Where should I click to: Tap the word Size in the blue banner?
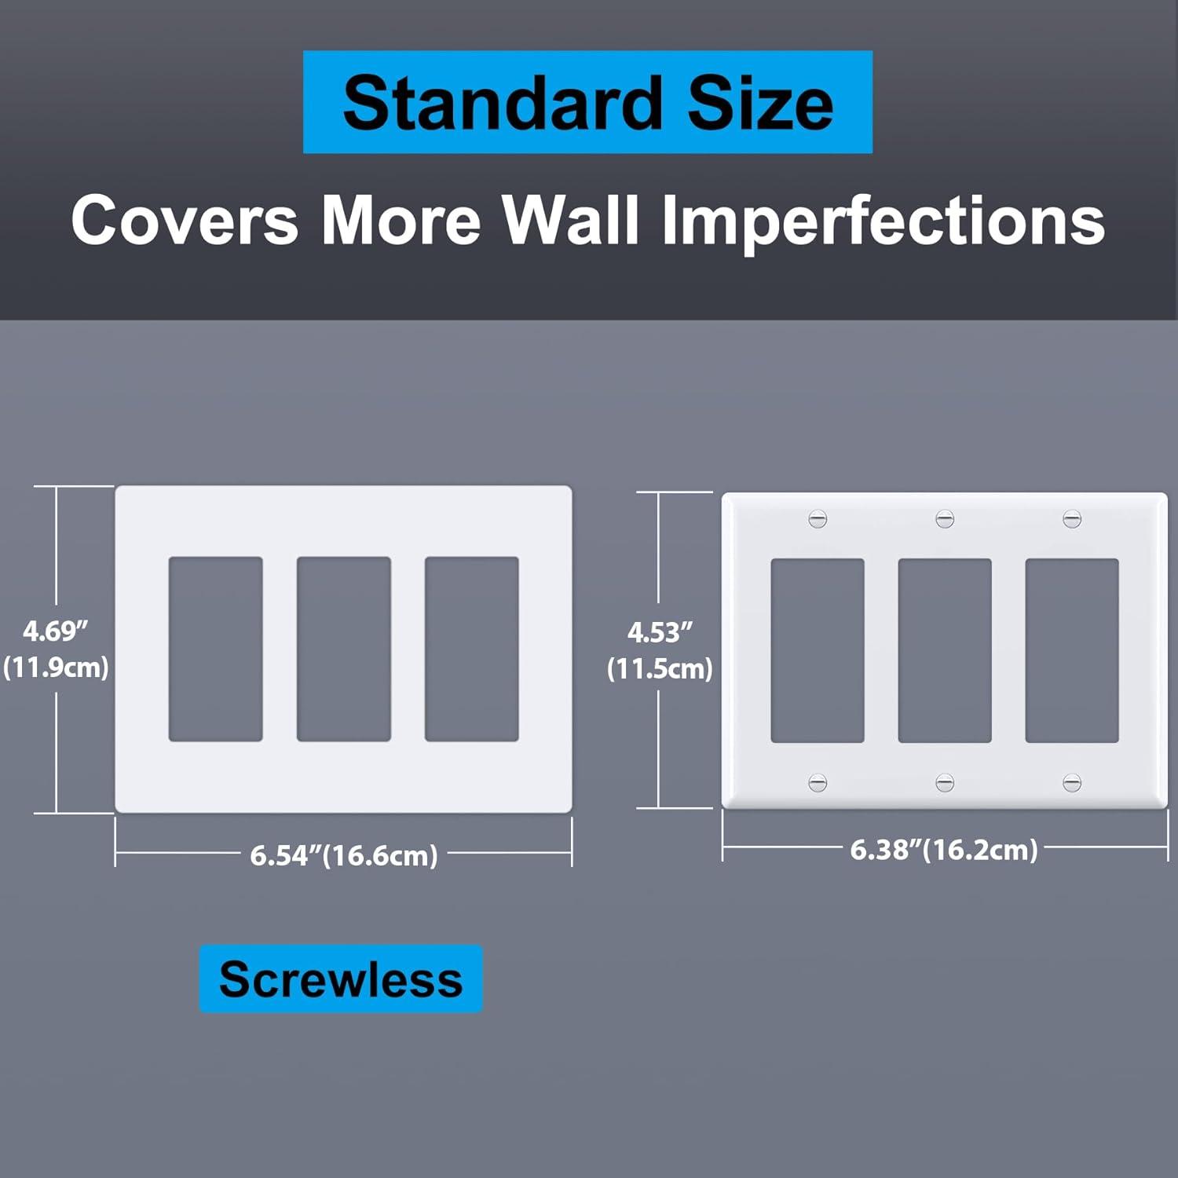click(x=760, y=103)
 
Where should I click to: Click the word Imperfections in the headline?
click(x=883, y=220)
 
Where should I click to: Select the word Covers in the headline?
click(x=185, y=220)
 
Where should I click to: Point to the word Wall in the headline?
click(x=571, y=220)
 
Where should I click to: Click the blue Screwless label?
click(x=341, y=979)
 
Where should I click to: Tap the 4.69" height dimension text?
click(x=55, y=630)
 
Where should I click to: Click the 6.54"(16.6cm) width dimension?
click(x=344, y=855)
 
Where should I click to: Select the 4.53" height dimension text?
click(x=660, y=631)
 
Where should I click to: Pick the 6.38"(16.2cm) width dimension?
click(x=944, y=850)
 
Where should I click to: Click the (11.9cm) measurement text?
click(x=56, y=668)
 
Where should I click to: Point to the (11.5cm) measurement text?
click(x=660, y=669)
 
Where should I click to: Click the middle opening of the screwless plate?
click(x=344, y=649)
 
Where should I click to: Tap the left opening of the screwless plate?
click(x=216, y=649)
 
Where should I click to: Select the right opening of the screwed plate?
click(x=1072, y=650)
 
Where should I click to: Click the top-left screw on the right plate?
click(x=818, y=519)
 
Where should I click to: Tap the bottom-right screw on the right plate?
click(x=1072, y=782)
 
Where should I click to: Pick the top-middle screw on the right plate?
click(x=945, y=519)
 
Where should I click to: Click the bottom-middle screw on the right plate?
click(x=945, y=782)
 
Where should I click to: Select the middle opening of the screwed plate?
click(x=945, y=650)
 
